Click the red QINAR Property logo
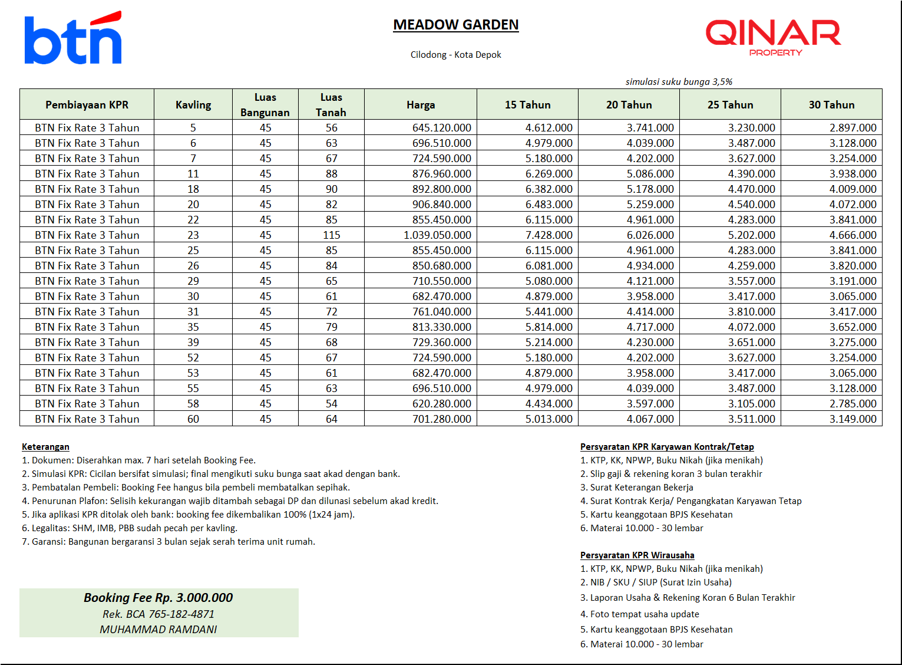click(773, 37)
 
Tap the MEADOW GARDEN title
click(456, 25)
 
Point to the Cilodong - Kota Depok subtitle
click(455, 55)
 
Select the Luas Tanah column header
click(331, 104)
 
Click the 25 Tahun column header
click(730, 104)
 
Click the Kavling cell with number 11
click(193, 174)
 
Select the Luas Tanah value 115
click(331, 235)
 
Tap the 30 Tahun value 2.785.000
click(853, 404)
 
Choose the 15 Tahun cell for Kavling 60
click(549, 419)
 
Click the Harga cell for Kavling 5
click(441, 128)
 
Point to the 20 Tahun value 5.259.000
click(650, 205)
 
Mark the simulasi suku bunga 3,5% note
click(679, 82)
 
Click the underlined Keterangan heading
click(45, 447)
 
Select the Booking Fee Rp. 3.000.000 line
click(158, 598)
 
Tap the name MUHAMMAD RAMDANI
click(158, 630)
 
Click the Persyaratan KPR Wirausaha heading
click(637, 555)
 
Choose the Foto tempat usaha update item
click(644, 614)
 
